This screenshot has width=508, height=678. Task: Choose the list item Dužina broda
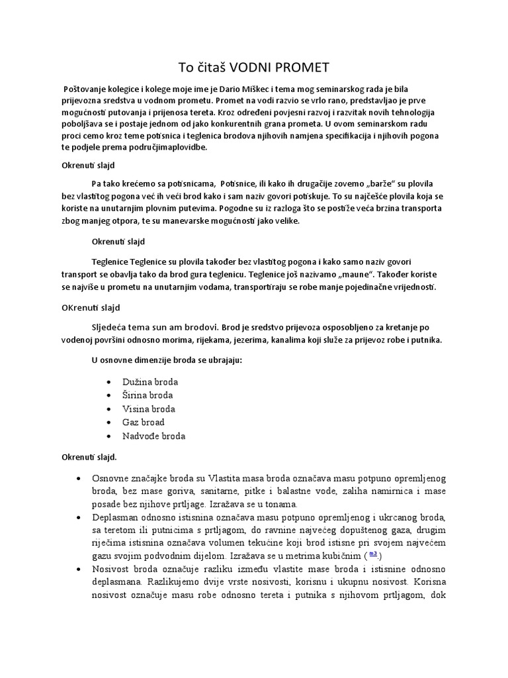[149, 382]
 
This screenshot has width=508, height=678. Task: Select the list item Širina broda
[147, 395]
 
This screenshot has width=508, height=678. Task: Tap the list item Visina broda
[148, 409]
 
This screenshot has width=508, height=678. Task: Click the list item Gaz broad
[143, 422]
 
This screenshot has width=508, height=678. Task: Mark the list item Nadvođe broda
[153, 436]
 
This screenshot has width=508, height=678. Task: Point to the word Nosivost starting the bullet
[111, 571]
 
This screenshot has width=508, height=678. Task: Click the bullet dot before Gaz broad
[108, 422]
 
